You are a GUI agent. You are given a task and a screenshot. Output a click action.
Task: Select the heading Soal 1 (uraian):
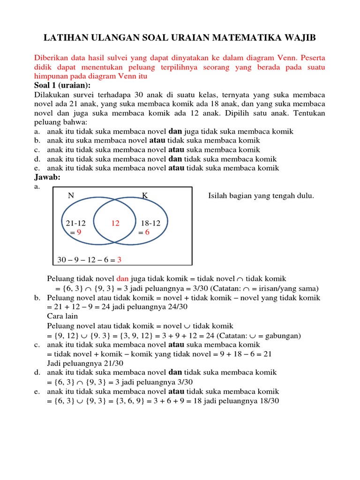[x=62, y=85]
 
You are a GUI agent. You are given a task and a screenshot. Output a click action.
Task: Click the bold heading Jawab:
[x=47, y=177]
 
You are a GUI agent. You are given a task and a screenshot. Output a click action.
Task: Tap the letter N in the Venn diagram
[x=71, y=196]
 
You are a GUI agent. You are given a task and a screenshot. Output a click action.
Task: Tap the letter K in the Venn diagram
[x=145, y=196]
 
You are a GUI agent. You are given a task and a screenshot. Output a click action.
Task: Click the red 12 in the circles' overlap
[x=115, y=224]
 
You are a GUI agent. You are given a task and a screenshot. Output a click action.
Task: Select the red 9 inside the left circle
[x=79, y=232]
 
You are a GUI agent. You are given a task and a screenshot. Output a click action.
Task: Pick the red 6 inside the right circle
[x=147, y=232]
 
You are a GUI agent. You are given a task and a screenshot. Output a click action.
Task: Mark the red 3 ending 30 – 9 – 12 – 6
[x=119, y=259]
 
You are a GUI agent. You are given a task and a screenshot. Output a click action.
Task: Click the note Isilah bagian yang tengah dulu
[x=261, y=196]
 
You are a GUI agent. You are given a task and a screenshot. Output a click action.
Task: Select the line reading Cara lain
[x=62, y=316]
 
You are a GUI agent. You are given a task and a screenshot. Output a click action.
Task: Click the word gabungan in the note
[x=281, y=335]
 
